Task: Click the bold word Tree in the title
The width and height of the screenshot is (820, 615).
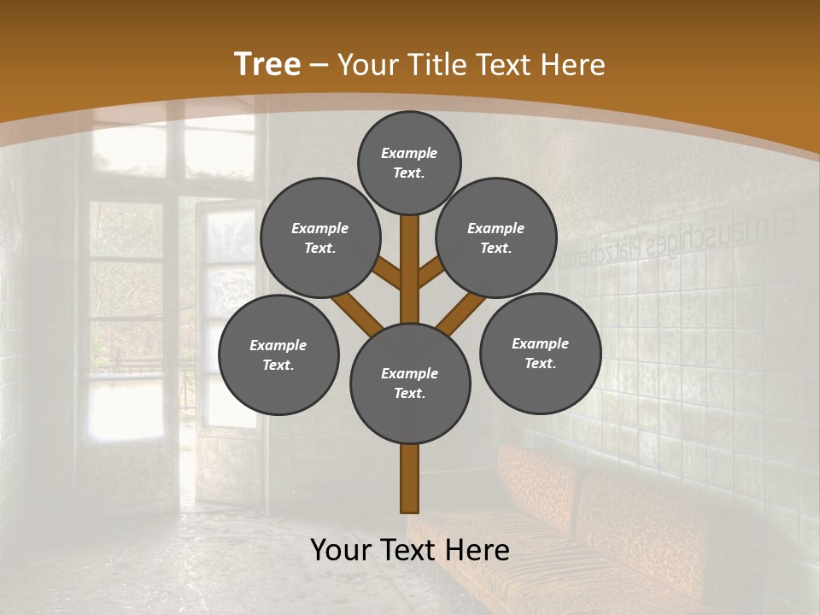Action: click(x=267, y=65)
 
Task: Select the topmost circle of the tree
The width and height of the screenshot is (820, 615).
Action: click(x=409, y=162)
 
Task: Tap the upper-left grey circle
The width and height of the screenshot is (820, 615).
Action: click(x=319, y=237)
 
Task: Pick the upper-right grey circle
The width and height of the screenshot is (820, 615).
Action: click(x=495, y=237)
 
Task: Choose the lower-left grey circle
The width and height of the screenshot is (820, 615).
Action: click(x=278, y=354)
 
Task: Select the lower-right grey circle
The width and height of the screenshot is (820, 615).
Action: click(x=540, y=353)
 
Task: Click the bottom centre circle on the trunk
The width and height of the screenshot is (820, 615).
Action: click(x=410, y=383)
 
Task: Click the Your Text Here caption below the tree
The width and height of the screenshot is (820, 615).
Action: click(x=410, y=550)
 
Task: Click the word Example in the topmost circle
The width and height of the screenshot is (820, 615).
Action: click(x=409, y=153)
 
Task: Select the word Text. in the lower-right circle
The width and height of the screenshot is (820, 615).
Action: click(x=540, y=363)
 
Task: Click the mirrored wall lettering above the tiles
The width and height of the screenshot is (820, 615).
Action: click(x=683, y=239)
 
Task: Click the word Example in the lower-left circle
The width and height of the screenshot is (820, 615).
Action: click(x=278, y=345)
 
